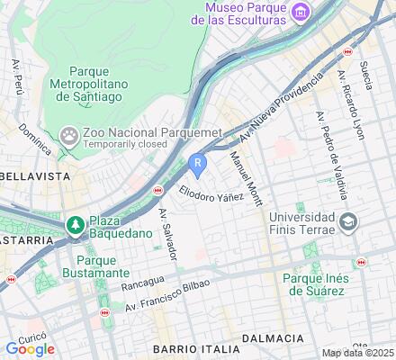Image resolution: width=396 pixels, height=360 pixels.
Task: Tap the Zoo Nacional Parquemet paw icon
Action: point(69,137)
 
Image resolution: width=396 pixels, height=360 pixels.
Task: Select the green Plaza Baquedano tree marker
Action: point(76,223)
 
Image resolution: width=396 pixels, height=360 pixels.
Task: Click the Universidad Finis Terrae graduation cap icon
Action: point(347,221)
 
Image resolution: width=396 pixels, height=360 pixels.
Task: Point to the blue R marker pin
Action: point(198,164)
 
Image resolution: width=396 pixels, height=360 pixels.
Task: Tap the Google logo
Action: point(29,348)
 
